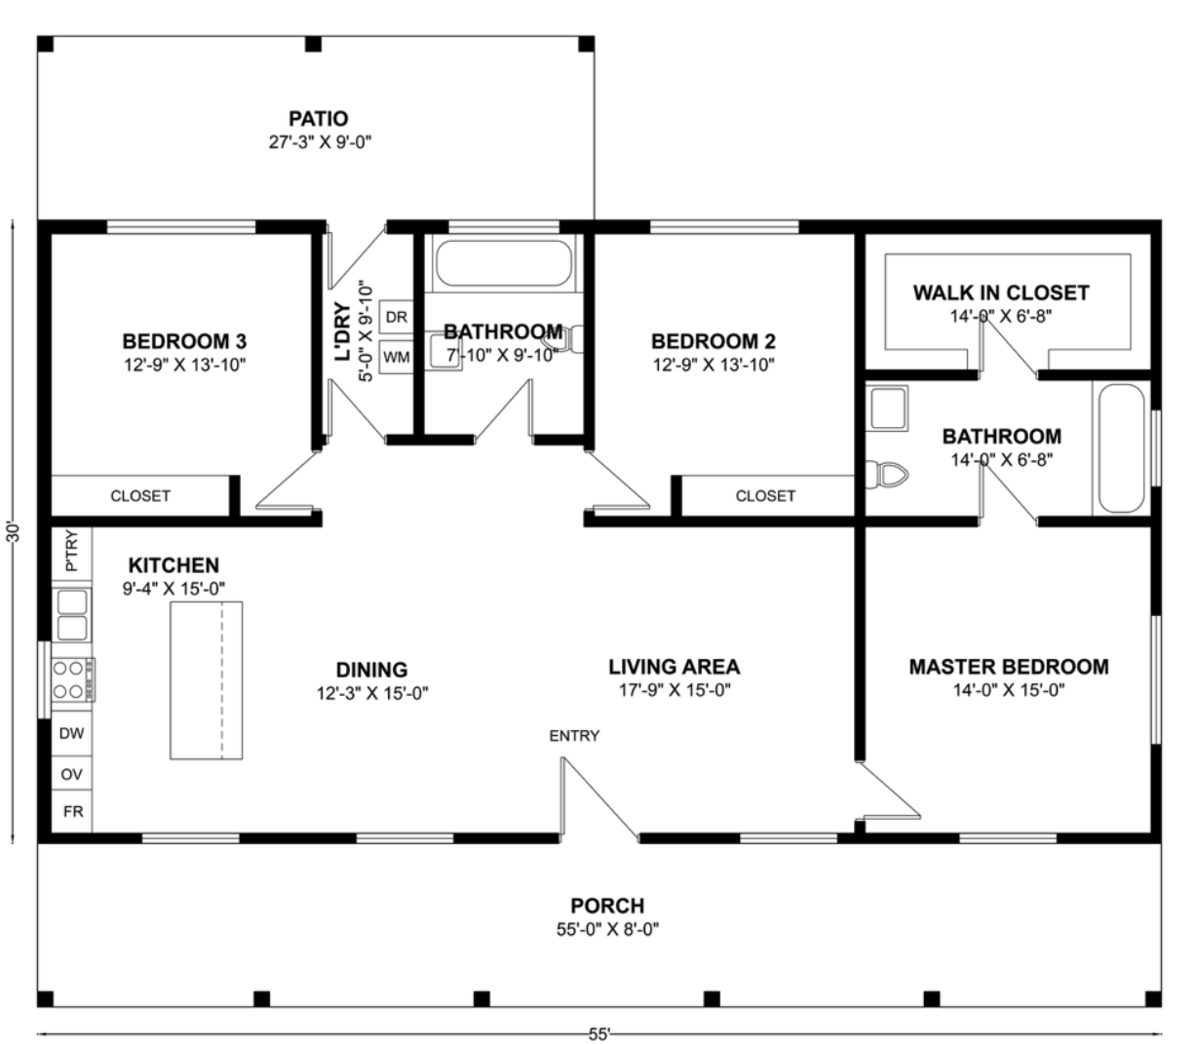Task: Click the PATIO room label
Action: pyautogui.click(x=318, y=119)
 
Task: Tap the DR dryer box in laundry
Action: pyautogui.click(x=397, y=317)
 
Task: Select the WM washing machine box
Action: pyautogui.click(x=397, y=357)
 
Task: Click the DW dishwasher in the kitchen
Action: pyautogui.click(x=71, y=733)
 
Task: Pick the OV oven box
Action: pyautogui.click(x=71, y=774)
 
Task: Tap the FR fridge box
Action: pyautogui.click(x=72, y=811)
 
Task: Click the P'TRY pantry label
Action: pyautogui.click(x=71, y=551)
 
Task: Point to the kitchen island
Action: pyautogui.click(x=207, y=680)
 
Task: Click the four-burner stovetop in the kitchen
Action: pyautogui.click(x=73, y=679)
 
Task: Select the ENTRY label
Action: pyautogui.click(x=574, y=735)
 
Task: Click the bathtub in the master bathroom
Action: pyautogui.click(x=1121, y=448)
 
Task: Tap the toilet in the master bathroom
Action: pyautogui.click(x=886, y=475)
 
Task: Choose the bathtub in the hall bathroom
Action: pyautogui.click(x=503, y=263)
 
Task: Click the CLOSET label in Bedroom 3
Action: pyautogui.click(x=140, y=496)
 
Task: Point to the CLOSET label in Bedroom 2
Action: pyautogui.click(x=765, y=496)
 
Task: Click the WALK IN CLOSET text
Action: pyautogui.click(x=1001, y=292)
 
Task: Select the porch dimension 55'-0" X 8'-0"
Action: pyautogui.click(x=607, y=929)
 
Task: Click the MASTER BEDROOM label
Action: pyautogui.click(x=1008, y=667)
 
